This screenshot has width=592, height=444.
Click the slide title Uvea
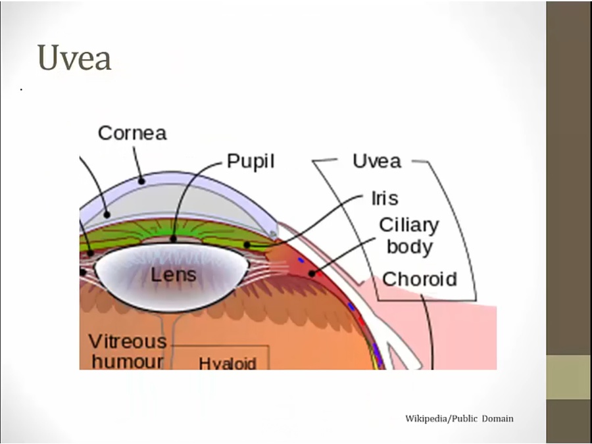(x=74, y=58)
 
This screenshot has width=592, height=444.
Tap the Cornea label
(x=132, y=134)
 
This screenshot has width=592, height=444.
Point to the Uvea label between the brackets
(x=376, y=161)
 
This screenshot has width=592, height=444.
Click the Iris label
(x=385, y=198)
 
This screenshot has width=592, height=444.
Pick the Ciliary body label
(x=408, y=235)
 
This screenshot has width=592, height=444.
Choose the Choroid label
(x=419, y=279)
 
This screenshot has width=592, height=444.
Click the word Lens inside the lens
(x=174, y=274)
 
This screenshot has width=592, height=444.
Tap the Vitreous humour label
(x=128, y=351)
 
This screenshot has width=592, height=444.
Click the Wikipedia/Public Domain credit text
(x=459, y=418)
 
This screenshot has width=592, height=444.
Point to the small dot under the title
(x=22, y=89)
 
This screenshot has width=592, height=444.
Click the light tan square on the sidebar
(x=568, y=377)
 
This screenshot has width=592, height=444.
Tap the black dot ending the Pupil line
(x=174, y=239)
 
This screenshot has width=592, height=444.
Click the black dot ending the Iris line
(x=247, y=245)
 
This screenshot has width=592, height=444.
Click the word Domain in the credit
(x=497, y=418)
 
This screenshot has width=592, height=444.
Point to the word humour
(x=128, y=361)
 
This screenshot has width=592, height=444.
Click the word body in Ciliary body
(x=409, y=247)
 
